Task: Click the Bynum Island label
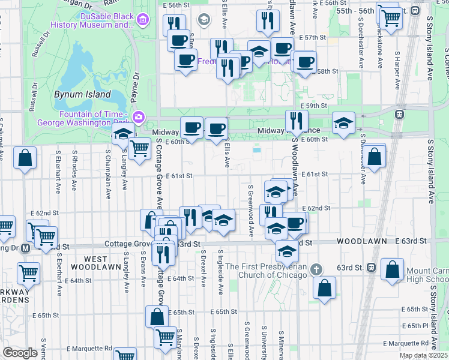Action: click(83, 94)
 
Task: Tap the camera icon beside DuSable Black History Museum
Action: click(143, 21)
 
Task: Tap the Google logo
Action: click(20, 353)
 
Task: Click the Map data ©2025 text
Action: click(423, 355)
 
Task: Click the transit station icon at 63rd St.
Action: click(372, 266)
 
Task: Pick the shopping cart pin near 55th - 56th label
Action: click(391, 17)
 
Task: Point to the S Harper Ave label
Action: click(397, 64)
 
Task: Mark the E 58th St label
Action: click(327, 71)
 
